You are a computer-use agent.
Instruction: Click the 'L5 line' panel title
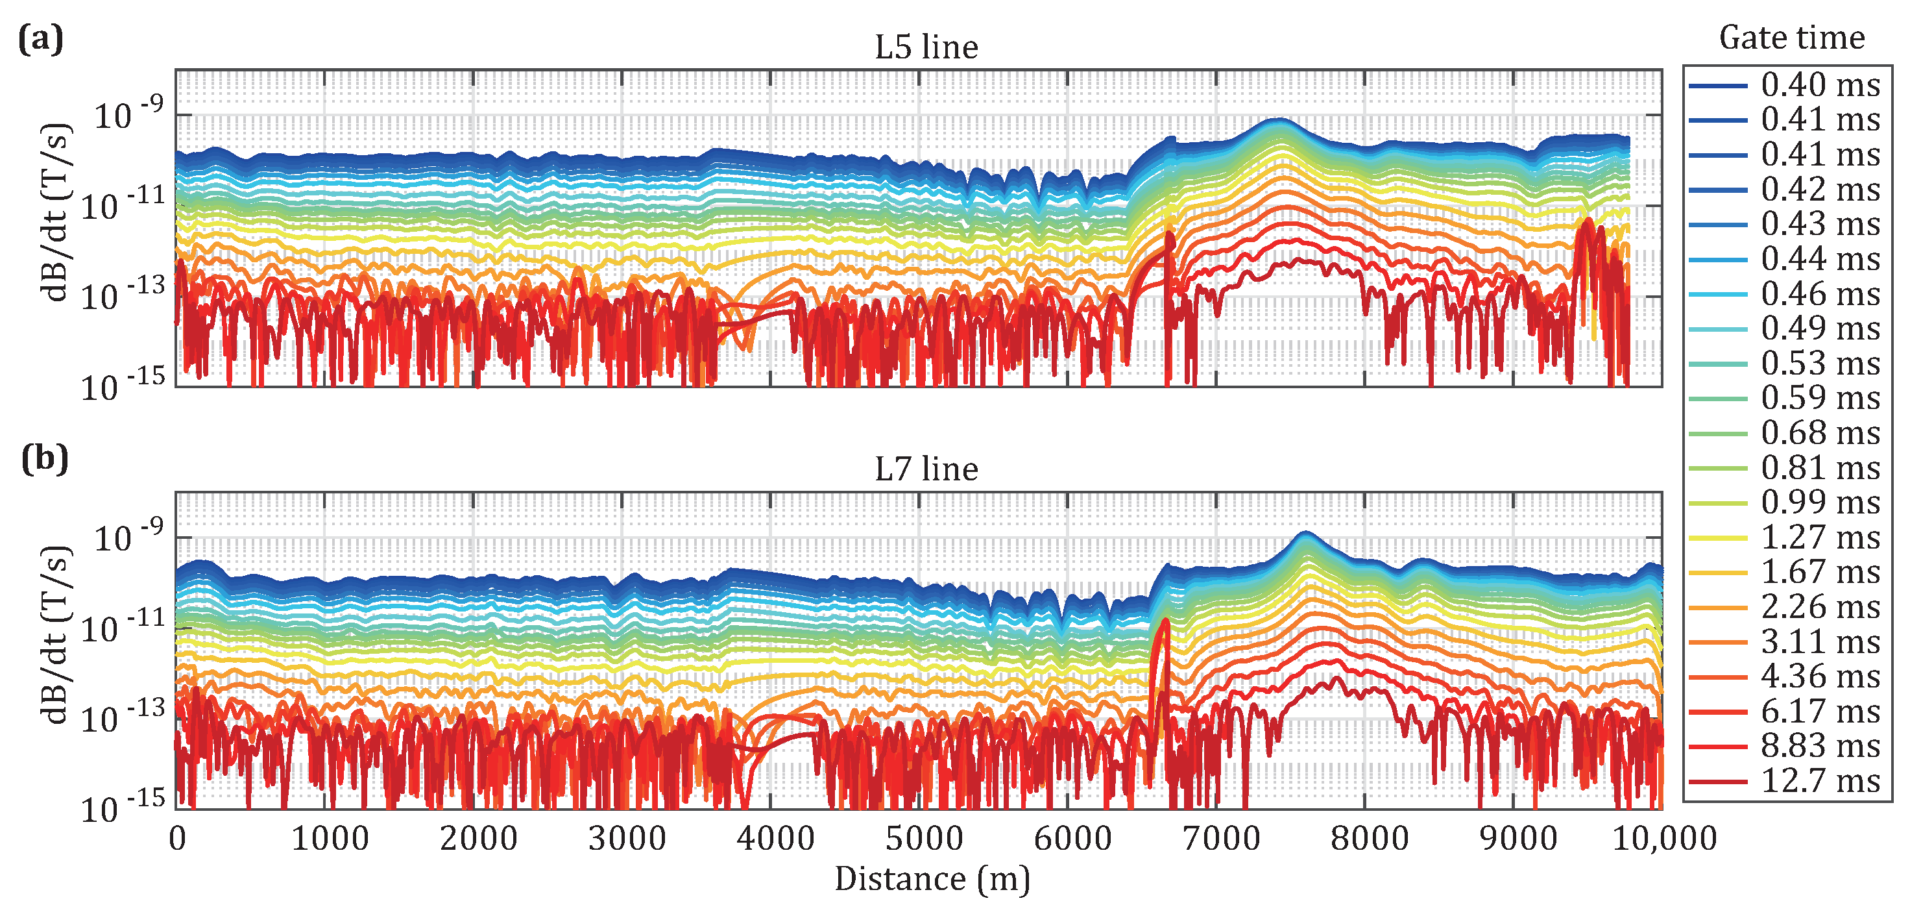coord(926,47)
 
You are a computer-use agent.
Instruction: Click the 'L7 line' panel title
coord(926,469)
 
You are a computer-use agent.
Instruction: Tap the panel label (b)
coord(45,459)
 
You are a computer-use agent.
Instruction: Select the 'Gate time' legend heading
coord(1791,37)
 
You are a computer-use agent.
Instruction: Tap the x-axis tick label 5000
coord(924,839)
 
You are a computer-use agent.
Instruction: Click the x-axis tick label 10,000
coord(1665,839)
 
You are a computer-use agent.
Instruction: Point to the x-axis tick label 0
coord(177,839)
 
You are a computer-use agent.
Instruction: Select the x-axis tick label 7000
coord(1221,839)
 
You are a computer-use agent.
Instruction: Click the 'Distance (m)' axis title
coord(932,880)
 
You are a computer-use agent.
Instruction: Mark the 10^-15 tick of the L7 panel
coord(123,808)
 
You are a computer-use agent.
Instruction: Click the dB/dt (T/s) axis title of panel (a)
coord(56,212)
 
